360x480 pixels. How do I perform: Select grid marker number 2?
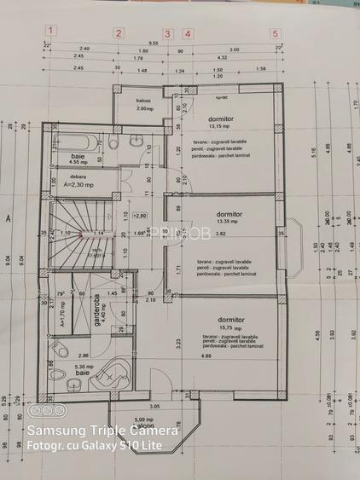119,34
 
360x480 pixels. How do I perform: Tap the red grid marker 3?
168,34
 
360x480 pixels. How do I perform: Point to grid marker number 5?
276,34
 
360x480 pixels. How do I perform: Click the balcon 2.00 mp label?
143,105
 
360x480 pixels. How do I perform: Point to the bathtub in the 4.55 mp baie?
79,139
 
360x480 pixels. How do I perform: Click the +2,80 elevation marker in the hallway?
141,216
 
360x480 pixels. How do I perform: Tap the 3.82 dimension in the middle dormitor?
220,234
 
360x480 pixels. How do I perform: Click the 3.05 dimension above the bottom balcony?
156,407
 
